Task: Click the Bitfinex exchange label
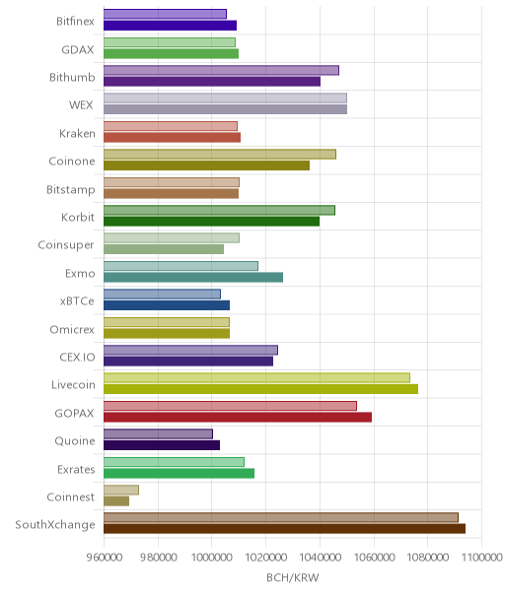tap(75, 22)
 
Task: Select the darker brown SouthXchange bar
tap(284, 529)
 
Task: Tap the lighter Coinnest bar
tap(121, 490)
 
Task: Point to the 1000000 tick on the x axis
tap(211, 557)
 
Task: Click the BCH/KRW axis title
tap(293, 577)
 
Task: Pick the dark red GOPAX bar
tap(238, 417)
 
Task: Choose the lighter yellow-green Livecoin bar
tap(256, 378)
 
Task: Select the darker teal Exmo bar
tap(193, 278)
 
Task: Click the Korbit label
tap(78, 217)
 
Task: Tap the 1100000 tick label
tap(481, 557)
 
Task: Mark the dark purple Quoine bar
tap(162, 445)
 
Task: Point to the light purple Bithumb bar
tap(221, 70)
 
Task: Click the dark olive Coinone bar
tap(206, 165)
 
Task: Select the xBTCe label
tap(77, 300)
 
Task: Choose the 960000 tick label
tap(105, 557)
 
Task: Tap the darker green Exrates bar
tap(179, 473)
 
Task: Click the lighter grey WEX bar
tap(225, 99)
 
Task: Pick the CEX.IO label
tap(77, 357)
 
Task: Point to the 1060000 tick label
tap(374, 557)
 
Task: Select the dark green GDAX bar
tap(171, 53)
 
